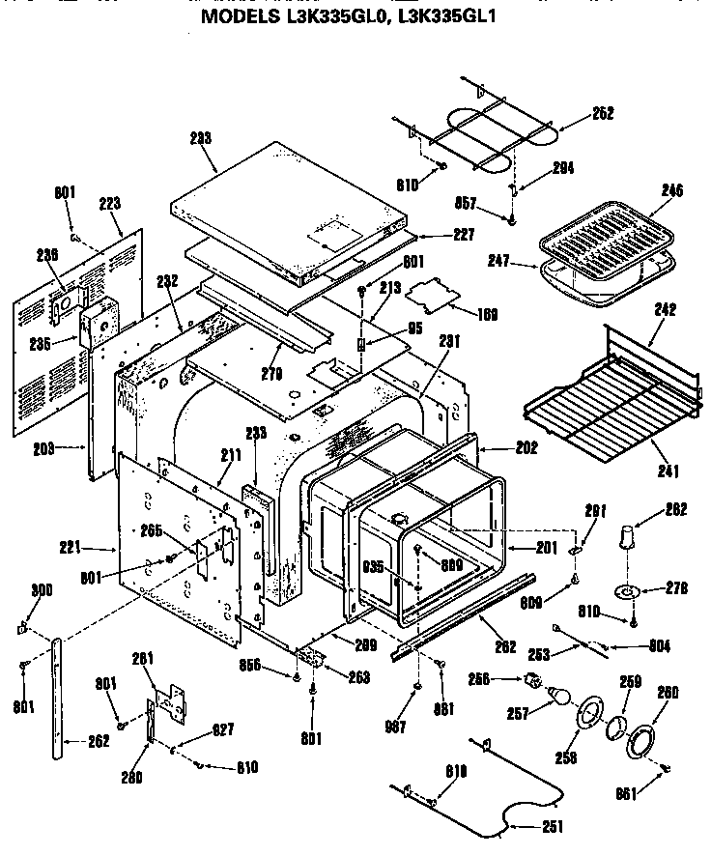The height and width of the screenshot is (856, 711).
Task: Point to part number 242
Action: pyautogui.click(x=666, y=310)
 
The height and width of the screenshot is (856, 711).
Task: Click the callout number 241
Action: pyautogui.click(x=668, y=471)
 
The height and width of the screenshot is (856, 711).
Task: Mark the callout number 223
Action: pyautogui.click(x=110, y=203)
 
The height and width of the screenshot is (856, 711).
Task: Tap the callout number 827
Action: pyautogui.click(x=223, y=729)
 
